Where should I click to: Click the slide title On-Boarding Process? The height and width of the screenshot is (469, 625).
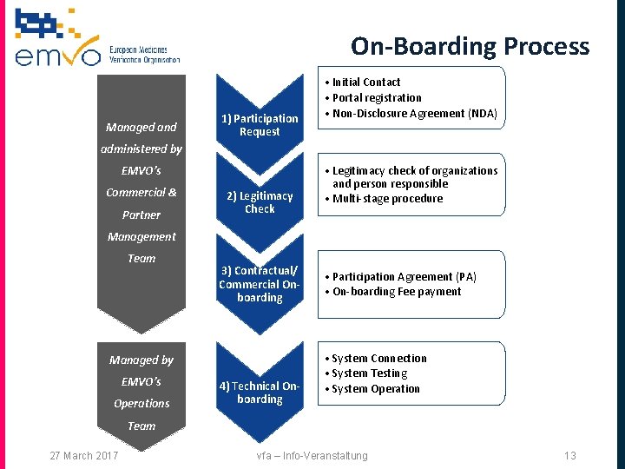pyautogui.click(x=470, y=46)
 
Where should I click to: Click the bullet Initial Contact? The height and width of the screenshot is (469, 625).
pyautogui.click(x=365, y=83)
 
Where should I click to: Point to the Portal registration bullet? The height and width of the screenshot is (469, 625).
pyautogui.click(x=376, y=98)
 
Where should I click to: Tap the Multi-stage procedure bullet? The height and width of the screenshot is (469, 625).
pyautogui.click(x=387, y=199)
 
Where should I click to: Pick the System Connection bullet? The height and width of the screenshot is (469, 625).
pyautogui.click(x=378, y=359)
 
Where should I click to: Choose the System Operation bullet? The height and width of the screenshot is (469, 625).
pyautogui.click(x=375, y=389)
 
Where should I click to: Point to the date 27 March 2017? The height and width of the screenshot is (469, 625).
pyautogui.click(x=84, y=456)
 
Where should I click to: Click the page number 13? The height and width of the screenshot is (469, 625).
pyautogui.click(x=569, y=456)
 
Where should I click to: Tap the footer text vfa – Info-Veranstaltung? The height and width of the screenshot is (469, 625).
pyautogui.click(x=312, y=456)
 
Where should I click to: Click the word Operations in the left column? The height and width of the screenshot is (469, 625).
pyautogui.click(x=141, y=404)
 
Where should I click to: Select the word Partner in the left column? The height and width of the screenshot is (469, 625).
pyautogui.click(x=141, y=215)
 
